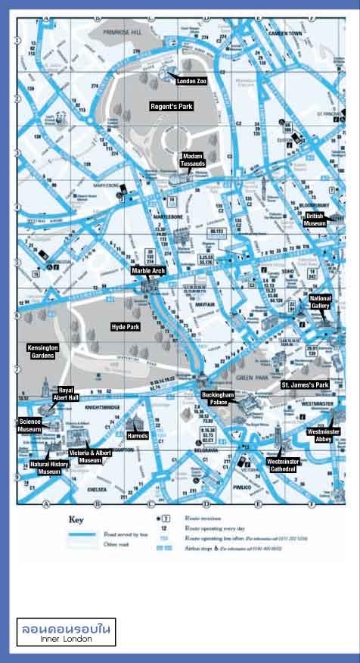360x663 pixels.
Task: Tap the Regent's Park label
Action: point(172,107)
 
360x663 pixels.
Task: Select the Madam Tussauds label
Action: point(193,160)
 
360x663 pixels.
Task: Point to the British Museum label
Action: point(315,220)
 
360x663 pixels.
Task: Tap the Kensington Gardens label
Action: point(42,351)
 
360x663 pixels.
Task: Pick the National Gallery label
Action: point(321,303)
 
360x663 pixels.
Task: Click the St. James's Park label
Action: point(306,385)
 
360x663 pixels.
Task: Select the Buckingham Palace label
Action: point(215,399)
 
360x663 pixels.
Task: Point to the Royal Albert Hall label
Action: point(70,394)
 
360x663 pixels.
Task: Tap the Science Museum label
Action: point(29,425)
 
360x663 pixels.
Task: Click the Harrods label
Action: point(138,436)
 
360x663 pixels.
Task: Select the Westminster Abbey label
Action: point(324,434)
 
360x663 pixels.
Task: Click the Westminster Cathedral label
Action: point(283,465)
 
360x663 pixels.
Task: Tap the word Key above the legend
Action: point(76,520)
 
